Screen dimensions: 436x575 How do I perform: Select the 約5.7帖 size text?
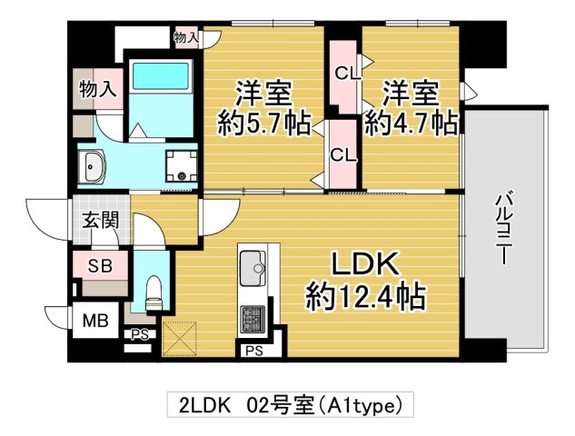pyautogui.click(x=263, y=122)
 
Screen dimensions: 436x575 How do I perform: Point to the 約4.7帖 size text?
pyautogui.click(x=411, y=122)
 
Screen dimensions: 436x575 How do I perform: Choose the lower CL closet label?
pyautogui.click(x=342, y=154)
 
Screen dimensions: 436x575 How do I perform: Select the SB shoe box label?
pyautogui.click(x=98, y=265)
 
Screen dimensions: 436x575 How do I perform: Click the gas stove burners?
pyautogui.click(x=252, y=319)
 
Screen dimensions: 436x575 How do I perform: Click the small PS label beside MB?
pyautogui.click(x=139, y=335)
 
